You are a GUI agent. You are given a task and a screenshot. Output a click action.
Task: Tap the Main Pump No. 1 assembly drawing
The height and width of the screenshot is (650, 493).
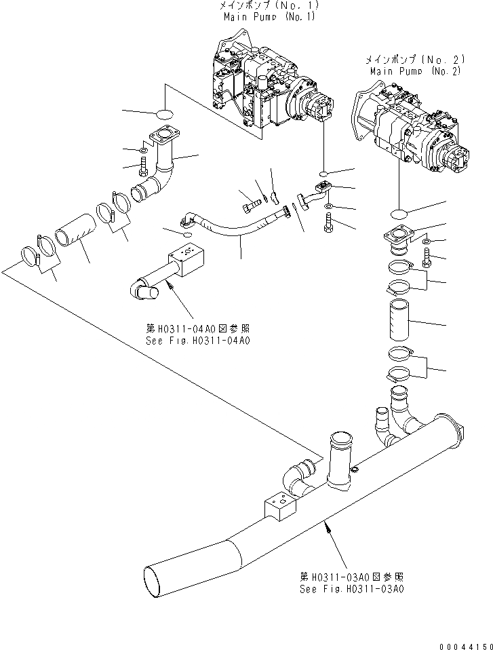point(268,85)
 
